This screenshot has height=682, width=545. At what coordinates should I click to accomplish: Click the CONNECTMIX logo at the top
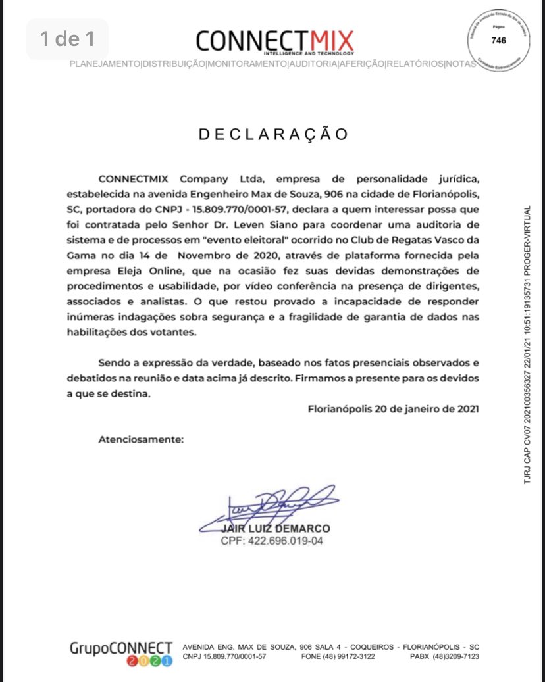(x=274, y=41)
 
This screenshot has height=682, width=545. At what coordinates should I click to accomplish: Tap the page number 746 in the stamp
(x=499, y=40)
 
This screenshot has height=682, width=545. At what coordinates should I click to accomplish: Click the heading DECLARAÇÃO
(x=273, y=134)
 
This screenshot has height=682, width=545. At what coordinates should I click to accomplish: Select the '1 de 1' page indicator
(x=67, y=39)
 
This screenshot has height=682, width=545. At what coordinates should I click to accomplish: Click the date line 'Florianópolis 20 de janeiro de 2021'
(x=393, y=408)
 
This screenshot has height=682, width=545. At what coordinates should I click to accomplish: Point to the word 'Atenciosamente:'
(x=141, y=439)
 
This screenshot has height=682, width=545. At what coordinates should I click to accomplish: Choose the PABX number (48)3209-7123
(x=454, y=657)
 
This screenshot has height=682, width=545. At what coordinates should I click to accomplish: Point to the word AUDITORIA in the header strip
(x=313, y=64)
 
